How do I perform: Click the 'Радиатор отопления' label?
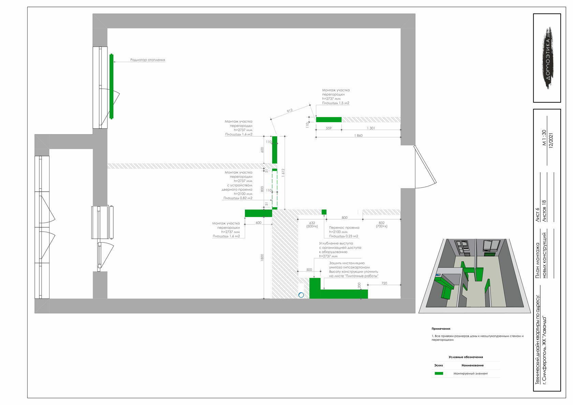(x=147, y=60)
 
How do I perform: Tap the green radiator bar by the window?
(x=112, y=86)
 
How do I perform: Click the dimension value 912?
(x=290, y=111)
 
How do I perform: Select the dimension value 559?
(x=328, y=128)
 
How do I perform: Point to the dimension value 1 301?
(x=371, y=128)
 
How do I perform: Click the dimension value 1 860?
(x=358, y=136)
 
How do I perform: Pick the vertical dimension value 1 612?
(x=283, y=173)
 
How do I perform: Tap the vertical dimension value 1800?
(x=262, y=258)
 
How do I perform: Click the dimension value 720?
(x=384, y=283)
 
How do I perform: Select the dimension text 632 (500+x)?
(x=312, y=225)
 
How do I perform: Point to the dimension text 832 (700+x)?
(x=382, y=225)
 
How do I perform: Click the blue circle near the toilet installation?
(x=301, y=295)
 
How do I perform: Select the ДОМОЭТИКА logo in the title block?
(x=548, y=58)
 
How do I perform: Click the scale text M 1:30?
(x=544, y=138)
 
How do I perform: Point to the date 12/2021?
(x=551, y=140)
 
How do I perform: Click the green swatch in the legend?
(x=439, y=373)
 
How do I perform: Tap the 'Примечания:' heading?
(x=441, y=329)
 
